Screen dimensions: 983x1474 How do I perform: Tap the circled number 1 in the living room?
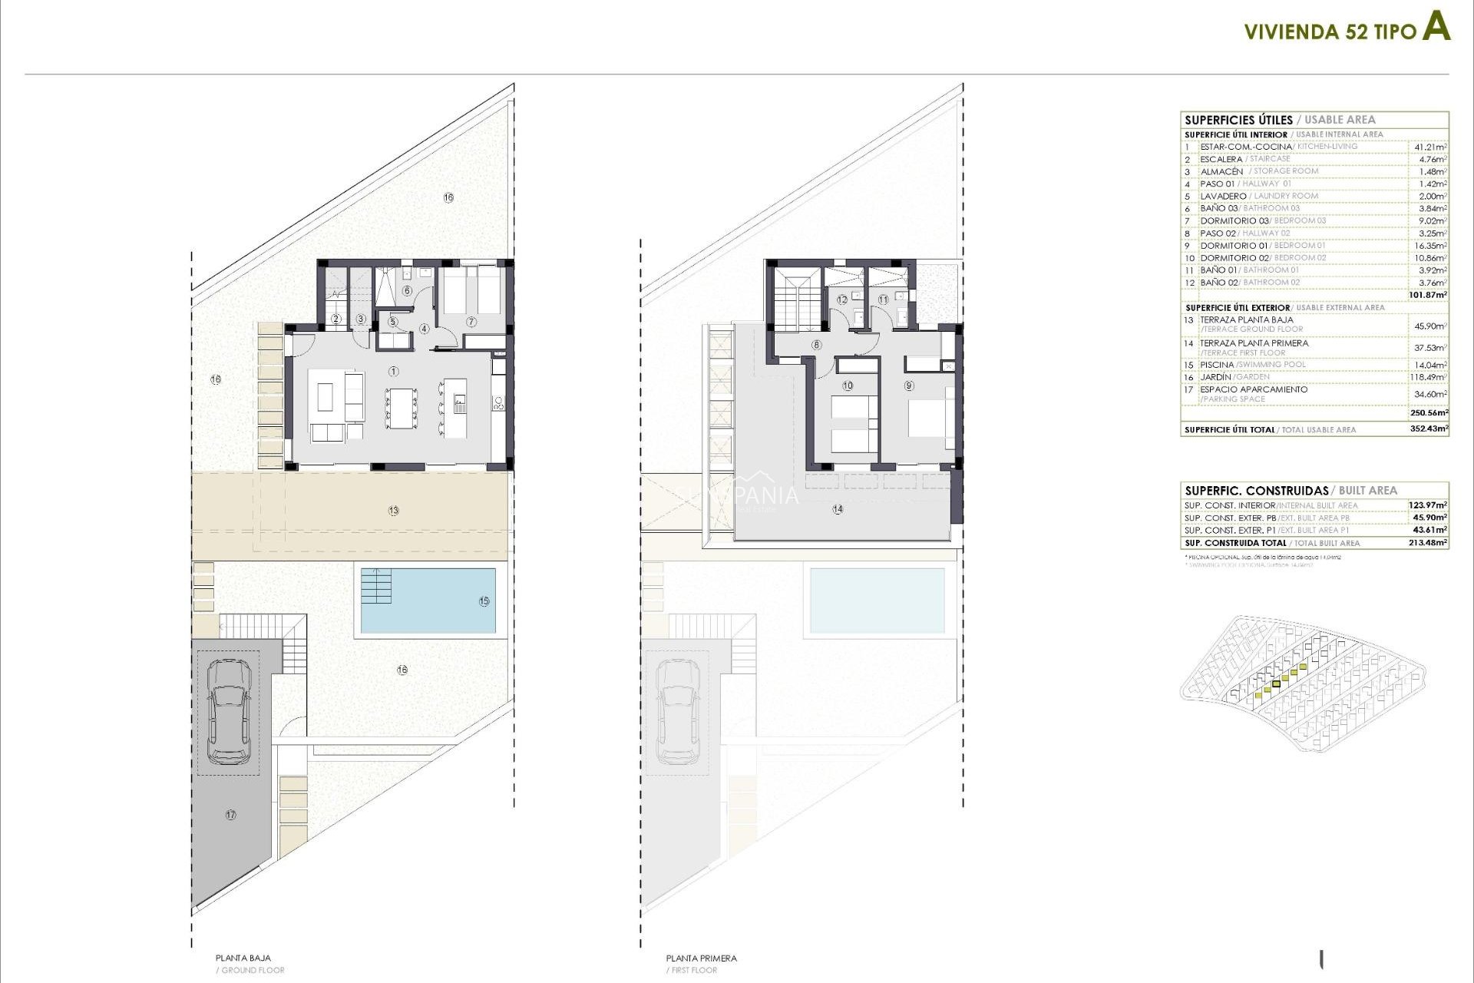point(394,372)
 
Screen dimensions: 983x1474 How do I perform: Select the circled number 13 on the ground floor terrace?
point(394,511)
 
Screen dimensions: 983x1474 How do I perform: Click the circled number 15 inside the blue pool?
point(484,601)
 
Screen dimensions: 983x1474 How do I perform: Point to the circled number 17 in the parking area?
point(230,815)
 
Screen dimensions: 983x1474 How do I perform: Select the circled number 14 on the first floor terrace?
point(838,509)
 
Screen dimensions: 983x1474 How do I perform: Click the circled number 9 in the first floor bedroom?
point(909,386)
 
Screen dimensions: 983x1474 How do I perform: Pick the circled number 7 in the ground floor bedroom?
point(471,322)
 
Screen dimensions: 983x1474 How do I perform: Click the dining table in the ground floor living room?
point(402,408)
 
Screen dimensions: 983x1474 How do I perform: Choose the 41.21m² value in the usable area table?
point(1430,147)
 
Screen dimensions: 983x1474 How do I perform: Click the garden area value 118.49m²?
point(1430,377)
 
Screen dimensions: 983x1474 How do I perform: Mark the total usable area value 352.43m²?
point(1429,429)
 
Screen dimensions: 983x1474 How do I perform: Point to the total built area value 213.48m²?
point(1428,543)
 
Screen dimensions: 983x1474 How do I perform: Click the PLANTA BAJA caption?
point(243,958)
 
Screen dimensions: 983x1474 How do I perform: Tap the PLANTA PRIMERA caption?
point(701,958)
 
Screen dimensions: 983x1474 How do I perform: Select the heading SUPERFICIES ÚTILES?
point(1238,120)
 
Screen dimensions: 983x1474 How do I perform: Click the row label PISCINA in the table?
point(1217,365)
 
